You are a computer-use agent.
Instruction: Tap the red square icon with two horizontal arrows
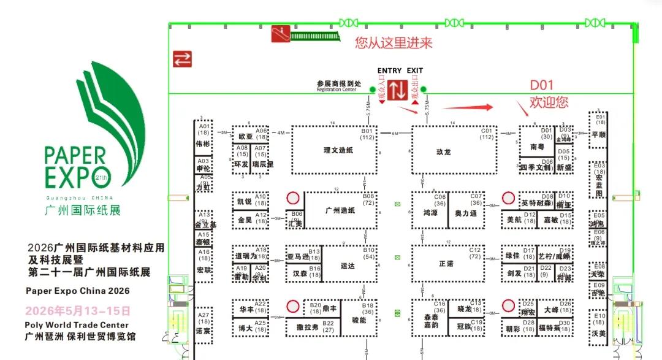pyautogui.click(x=182, y=59)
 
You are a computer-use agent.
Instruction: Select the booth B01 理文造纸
pyautogui.click(x=334, y=150)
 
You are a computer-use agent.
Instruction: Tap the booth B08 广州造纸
pyautogui.click(x=341, y=210)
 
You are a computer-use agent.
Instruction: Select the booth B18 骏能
pyautogui.click(x=359, y=318)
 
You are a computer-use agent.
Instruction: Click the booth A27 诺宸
pyautogui.click(x=203, y=324)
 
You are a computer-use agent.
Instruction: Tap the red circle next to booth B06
pyautogui.click(x=292, y=198)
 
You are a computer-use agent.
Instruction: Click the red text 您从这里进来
pyautogui.click(x=394, y=42)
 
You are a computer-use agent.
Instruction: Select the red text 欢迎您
pyautogui.click(x=549, y=102)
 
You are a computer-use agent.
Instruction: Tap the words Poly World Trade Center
pyautogui.click(x=77, y=325)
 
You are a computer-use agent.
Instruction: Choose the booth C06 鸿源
pyautogui.click(x=430, y=210)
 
